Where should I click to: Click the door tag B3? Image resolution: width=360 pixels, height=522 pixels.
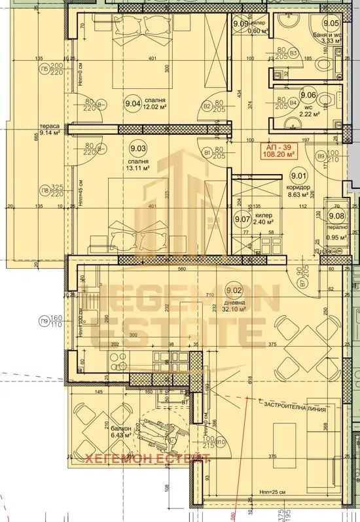(295, 53)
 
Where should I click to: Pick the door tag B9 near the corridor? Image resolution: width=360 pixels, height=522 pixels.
(321, 156)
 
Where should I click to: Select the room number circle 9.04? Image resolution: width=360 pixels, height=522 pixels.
(133, 102)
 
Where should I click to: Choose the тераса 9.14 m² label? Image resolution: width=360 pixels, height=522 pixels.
(50, 130)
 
